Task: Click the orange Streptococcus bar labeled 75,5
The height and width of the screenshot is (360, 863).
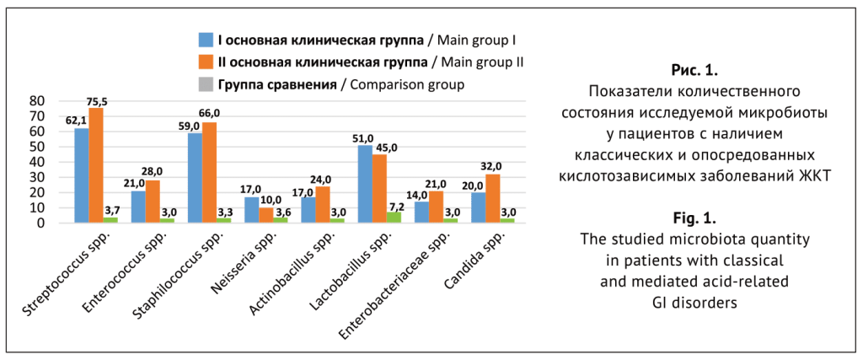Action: pos(97,165)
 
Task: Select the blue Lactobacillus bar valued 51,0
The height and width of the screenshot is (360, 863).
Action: pos(365,184)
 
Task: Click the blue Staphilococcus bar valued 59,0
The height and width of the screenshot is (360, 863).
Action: pos(194,178)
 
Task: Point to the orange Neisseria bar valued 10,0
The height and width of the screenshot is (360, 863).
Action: pos(266,215)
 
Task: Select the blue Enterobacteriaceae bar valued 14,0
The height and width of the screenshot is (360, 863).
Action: pos(422,212)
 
